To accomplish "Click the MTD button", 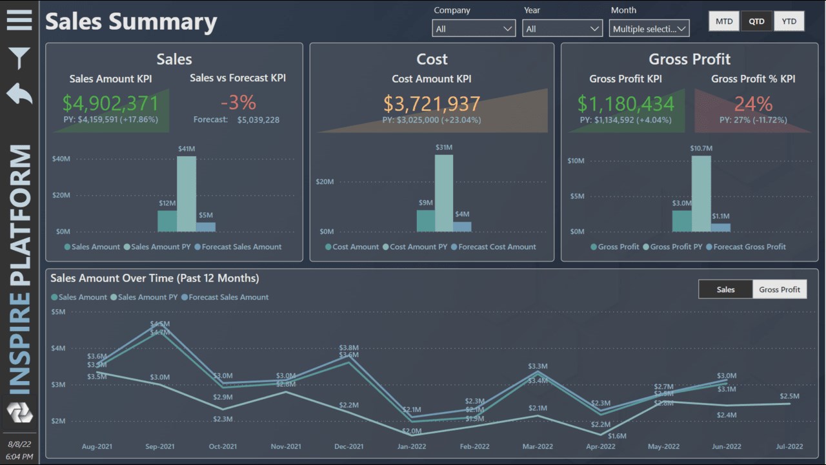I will pos(724,21).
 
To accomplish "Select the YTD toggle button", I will pos(789,21).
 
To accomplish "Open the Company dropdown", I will pos(474,28).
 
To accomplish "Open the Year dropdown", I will pos(561,28).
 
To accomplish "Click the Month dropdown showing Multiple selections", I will pos(649,28).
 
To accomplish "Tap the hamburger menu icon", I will pos(19,20).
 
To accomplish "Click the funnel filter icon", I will pos(19,58).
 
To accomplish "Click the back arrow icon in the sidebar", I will pos(19,94).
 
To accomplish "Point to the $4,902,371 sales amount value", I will pos(110,103).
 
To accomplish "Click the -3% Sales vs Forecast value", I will pos(238,102).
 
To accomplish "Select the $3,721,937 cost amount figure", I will pos(432,103).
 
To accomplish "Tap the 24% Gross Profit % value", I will pos(753,103).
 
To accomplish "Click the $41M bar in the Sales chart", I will pos(186,194).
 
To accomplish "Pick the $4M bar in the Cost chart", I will pos(462,227).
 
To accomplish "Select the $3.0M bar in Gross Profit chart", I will pos(681,221).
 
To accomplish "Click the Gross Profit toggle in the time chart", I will pos(780,289).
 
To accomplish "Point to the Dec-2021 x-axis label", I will pos(349,446).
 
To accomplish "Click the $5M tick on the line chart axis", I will pos(58,312).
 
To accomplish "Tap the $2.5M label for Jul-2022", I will pos(789,396).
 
